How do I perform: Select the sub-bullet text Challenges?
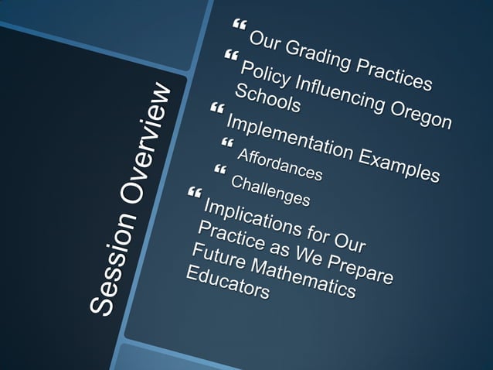[x=270, y=192]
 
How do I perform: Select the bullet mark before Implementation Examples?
[x=215, y=108]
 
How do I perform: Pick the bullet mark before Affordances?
[x=226, y=143]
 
